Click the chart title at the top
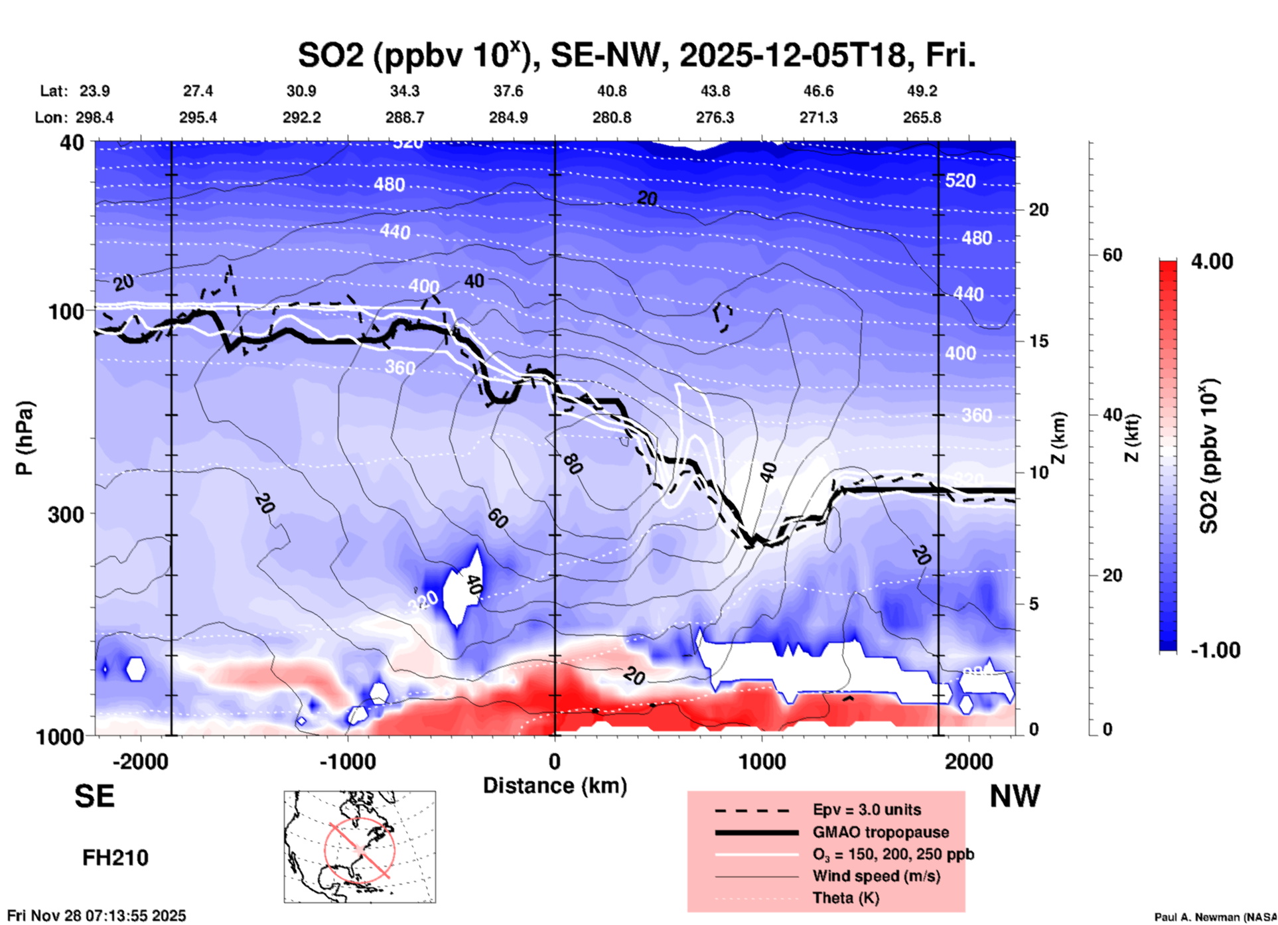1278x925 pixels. click(636, 56)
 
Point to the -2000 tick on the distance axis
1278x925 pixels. click(140, 762)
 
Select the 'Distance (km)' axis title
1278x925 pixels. click(555, 786)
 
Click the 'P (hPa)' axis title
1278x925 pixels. click(25, 438)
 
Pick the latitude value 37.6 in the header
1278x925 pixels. click(508, 92)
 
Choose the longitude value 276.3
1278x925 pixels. click(715, 118)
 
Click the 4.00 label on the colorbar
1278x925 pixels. click(1212, 261)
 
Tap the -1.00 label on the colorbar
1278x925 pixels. click(1214, 650)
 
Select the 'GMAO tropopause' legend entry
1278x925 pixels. click(881, 832)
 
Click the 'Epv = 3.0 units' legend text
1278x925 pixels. click(867, 810)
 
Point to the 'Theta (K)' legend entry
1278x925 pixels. click(845, 898)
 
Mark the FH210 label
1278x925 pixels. click(115, 858)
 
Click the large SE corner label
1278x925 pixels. click(94, 796)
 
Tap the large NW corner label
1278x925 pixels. click(1015, 796)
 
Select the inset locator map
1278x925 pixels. click(360, 846)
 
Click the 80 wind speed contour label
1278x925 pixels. click(573, 464)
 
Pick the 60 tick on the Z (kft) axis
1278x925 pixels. click(1112, 255)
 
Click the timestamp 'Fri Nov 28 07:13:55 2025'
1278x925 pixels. click(97, 916)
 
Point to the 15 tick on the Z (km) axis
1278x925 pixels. click(1038, 341)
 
